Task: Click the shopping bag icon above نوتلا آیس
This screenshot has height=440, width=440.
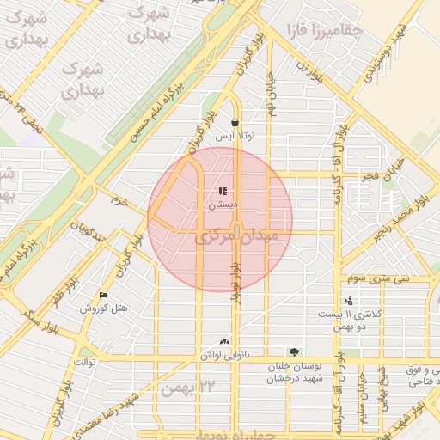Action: pos(235,123)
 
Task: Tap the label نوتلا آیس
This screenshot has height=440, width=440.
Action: pos(235,137)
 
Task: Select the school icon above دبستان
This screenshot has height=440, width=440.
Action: pos(223,192)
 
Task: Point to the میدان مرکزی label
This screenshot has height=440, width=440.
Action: pos(236,235)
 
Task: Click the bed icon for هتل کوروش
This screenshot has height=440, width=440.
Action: pos(104,295)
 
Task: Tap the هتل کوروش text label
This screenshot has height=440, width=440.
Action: pos(104,308)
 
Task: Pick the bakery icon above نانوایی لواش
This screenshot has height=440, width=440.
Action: pos(226,341)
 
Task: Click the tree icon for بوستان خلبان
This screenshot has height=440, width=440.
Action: pos(295,352)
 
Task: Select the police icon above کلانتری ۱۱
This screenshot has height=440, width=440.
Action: pos(348,302)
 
